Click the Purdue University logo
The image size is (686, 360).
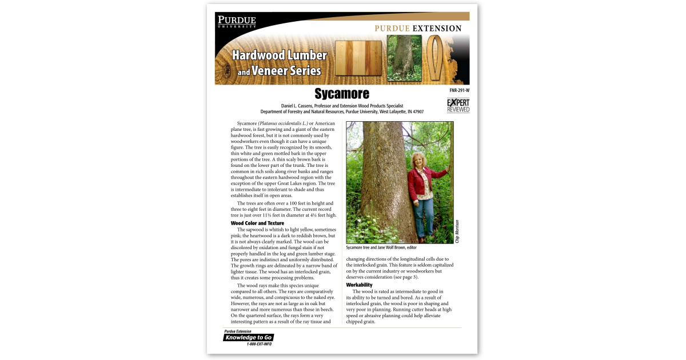coord(236,22)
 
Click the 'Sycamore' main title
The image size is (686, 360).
coord(342,94)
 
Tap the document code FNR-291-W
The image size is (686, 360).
coord(459,90)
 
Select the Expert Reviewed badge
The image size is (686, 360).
coord(458,105)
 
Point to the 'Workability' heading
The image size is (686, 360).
coord(359,285)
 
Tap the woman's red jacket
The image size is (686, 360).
coord(422,182)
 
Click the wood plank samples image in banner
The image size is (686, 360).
coord(358,58)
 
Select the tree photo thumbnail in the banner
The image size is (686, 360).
coord(404,58)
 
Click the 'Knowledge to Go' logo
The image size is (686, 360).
coord(248,337)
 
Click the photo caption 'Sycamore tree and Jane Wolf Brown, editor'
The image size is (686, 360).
coord(381,248)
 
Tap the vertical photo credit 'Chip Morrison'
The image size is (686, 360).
coord(457,231)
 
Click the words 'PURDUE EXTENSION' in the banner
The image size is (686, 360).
coord(418,29)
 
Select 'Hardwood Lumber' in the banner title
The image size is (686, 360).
coord(279,55)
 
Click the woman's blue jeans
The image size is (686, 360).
coord(425,217)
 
